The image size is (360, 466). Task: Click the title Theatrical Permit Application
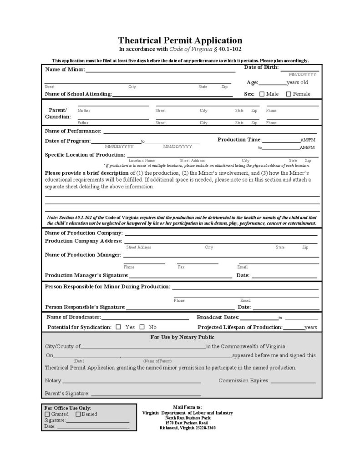pos(180,41)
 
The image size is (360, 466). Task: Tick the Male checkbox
pos(262,94)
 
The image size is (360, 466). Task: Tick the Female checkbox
pos(289,94)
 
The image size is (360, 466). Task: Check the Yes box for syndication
pos(119,327)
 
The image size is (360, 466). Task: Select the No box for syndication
pos(142,327)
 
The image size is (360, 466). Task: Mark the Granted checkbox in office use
pos(47,414)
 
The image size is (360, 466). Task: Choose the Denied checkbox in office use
pos(78,414)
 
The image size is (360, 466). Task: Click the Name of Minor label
pos(65,70)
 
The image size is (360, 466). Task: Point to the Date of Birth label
pos(261,67)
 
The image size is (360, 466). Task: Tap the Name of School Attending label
pos(78,94)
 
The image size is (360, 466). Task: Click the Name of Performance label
pos(73,131)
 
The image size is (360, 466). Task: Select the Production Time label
pos(239,139)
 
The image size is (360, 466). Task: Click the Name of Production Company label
pos(84,233)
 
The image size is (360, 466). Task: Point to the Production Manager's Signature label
pos(86,275)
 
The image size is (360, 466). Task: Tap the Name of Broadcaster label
pos(74,317)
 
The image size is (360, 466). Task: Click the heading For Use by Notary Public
pos(182,337)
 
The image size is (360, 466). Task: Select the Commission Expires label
pos(244,380)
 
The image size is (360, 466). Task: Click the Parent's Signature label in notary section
pos(67,393)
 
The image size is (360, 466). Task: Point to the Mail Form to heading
pos(187,407)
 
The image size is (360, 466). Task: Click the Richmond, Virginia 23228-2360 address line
pos(187,428)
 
